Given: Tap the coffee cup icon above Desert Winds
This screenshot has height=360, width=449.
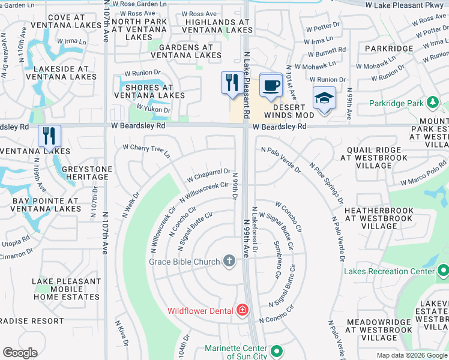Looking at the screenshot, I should pyautogui.click(x=271, y=85).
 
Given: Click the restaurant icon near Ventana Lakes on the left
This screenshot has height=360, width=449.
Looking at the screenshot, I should pyautogui.click(x=49, y=136).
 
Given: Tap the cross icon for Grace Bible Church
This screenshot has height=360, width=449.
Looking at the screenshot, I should pyautogui.click(x=228, y=260).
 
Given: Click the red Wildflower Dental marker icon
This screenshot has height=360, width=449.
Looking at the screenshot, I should pyautogui.click(x=242, y=310).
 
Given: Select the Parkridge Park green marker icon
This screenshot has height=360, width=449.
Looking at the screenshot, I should pyautogui.click(x=432, y=103).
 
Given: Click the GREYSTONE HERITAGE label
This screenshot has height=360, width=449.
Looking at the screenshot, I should pyautogui.click(x=87, y=174).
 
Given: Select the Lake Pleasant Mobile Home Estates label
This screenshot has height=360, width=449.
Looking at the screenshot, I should pyautogui.click(x=66, y=289).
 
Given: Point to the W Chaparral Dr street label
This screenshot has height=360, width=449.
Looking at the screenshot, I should pyautogui.click(x=208, y=175).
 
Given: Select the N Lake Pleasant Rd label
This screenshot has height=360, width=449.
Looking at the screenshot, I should pyautogui.click(x=247, y=73).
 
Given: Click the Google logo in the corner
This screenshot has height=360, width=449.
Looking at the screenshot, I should pyautogui.click(x=20, y=353).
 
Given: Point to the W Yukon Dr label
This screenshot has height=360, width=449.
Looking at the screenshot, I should pyautogui.click(x=154, y=108).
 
